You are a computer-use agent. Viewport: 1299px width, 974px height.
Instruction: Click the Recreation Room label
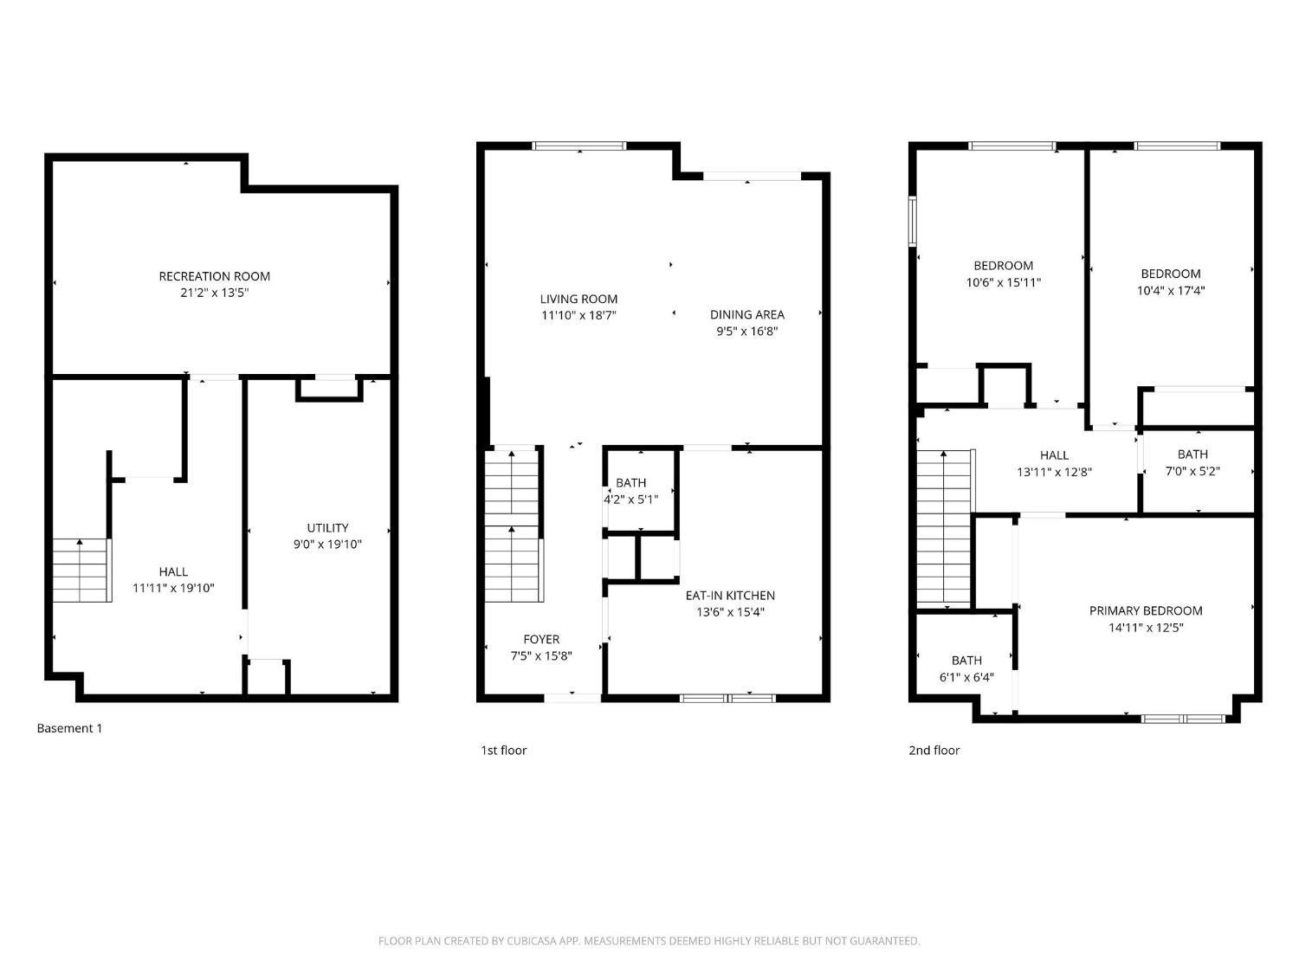point(214,276)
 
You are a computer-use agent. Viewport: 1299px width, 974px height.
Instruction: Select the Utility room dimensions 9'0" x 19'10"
point(327,545)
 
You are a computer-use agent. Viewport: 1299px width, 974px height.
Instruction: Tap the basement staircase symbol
point(81,570)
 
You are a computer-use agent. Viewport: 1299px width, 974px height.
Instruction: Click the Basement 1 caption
point(69,728)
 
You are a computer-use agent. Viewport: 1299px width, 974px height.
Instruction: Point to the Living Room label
point(578,300)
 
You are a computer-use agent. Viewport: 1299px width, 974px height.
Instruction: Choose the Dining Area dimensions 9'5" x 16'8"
point(746,331)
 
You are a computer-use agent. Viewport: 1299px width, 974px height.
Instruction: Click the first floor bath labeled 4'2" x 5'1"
point(630,491)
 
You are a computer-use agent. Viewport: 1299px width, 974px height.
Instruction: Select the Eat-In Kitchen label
point(730,596)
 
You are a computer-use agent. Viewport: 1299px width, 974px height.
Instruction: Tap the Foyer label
point(541,640)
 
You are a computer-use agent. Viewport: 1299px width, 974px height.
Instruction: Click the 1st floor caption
point(503,751)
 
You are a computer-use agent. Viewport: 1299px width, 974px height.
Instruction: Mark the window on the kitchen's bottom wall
point(727,697)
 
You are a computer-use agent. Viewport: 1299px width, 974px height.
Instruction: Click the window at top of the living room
point(578,145)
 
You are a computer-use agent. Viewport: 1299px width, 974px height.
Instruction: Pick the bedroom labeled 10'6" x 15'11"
point(1003,274)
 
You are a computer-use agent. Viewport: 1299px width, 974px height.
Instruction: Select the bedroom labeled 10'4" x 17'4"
point(1171,282)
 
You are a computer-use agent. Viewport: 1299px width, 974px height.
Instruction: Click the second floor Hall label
point(1054,455)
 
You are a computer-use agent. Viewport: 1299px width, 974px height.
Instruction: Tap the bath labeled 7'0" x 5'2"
point(1192,462)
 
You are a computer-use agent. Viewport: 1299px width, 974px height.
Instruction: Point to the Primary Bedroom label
point(1146,611)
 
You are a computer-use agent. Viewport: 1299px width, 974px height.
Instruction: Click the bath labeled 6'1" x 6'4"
point(966,668)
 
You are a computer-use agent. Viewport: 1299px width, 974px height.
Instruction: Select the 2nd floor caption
point(934,751)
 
